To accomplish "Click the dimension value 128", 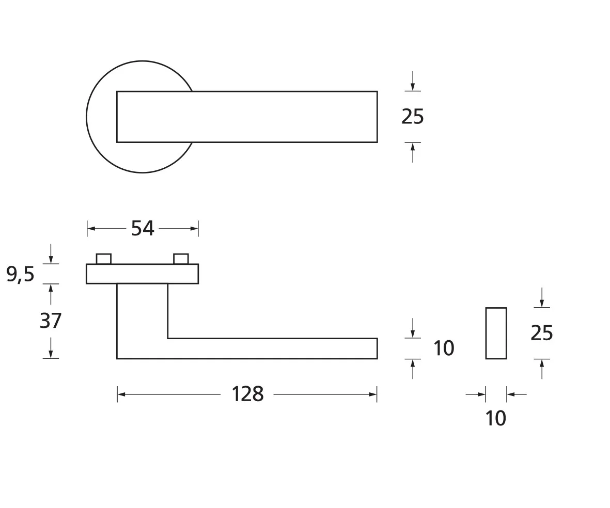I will point(247,394).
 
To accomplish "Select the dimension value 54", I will point(142,228).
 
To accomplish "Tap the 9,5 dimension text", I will point(20,274).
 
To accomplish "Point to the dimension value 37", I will point(51,321).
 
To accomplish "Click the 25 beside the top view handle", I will point(412,117).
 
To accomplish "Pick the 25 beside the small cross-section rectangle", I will point(541,334).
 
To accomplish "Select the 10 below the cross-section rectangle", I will point(496,419).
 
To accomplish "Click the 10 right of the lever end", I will point(443,348).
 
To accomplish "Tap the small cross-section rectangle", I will point(496,333).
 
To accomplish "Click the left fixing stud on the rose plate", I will point(104,259).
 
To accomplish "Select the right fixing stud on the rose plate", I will point(181,259).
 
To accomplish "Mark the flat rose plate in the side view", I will point(142,274).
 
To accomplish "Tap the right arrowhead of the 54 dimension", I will point(194,228).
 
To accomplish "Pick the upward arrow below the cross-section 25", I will point(541,363).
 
